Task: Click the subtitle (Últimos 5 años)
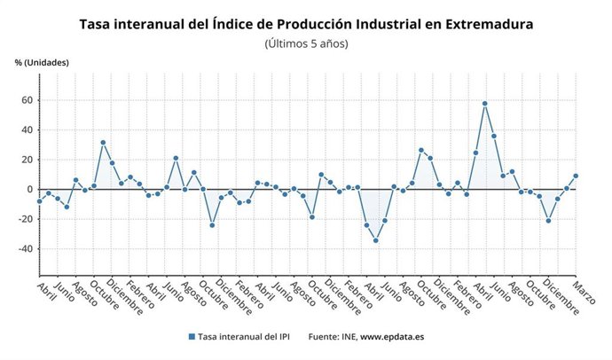click(x=307, y=43)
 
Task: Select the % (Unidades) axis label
click(x=42, y=63)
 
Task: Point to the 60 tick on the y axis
click(x=27, y=100)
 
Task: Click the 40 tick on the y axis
click(x=27, y=129)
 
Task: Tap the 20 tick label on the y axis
click(x=27, y=160)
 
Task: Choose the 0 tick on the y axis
click(x=30, y=189)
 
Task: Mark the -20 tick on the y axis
click(x=25, y=219)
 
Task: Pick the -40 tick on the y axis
click(x=25, y=248)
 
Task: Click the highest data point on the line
click(x=484, y=104)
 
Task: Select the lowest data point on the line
click(x=375, y=240)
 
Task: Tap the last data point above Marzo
click(x=576, y=176)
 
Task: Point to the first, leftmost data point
click(x=39, y=201)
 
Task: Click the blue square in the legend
click(x=191, y=337)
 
